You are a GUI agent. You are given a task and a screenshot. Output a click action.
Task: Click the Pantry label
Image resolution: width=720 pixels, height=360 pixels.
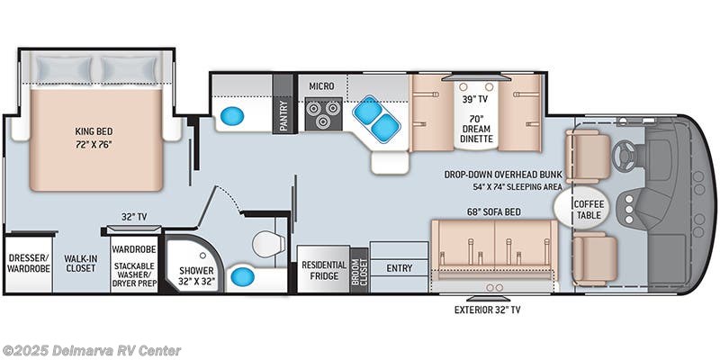283,116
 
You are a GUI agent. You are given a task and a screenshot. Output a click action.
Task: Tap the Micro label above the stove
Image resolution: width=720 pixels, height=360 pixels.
321,86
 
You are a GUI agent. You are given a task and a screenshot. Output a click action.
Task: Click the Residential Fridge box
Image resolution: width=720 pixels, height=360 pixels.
323,271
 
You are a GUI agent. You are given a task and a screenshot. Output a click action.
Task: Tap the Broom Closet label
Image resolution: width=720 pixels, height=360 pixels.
359,270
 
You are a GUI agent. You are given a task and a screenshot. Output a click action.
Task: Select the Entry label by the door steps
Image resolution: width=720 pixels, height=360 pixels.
399,268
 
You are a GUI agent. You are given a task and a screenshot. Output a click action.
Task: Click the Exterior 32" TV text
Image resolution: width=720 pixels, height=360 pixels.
487,310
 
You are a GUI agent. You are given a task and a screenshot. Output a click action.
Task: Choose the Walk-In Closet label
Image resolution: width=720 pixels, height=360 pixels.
81,262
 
